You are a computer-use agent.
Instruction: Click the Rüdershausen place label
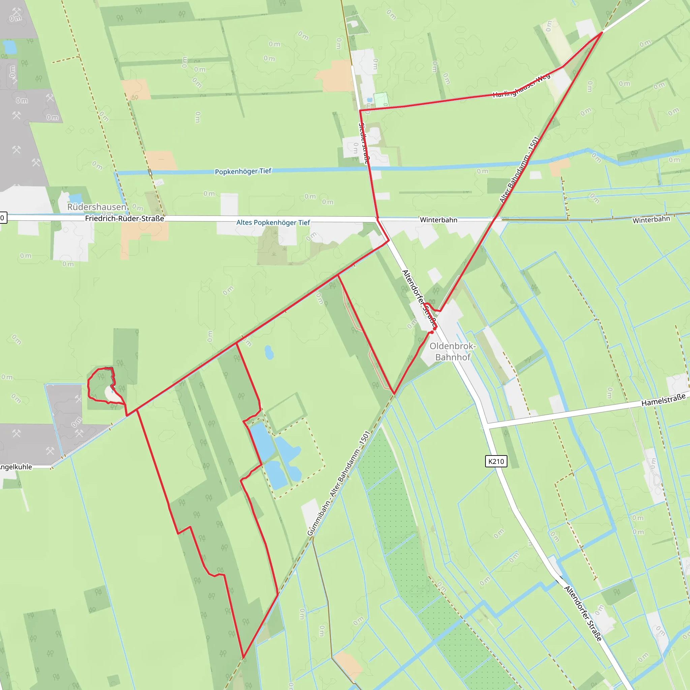[x=96, y=207]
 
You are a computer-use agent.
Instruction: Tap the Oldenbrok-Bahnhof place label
[x=452, y=351]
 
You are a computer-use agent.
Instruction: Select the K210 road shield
[x=496, y=461]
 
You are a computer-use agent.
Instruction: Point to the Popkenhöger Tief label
[x=243, y=171]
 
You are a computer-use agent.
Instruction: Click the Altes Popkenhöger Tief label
[x=273, y=222]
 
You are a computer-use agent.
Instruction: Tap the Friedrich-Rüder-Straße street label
[x=124, y=218]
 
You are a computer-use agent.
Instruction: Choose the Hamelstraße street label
[x=663, y=400]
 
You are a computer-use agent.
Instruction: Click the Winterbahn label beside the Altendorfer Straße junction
[x=439, y=220]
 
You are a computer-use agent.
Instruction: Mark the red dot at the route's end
[x=432, y=332]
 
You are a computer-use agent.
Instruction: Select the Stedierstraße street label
[x=363, y=143]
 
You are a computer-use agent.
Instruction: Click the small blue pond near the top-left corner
[x=9, y=47]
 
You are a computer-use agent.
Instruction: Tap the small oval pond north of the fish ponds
[x=269, y=352]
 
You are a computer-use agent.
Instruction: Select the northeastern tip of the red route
[x=602, y=32]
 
